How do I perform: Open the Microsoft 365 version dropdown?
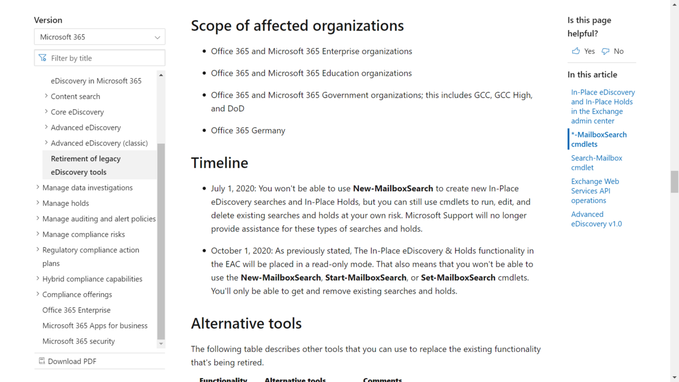click(100, 37)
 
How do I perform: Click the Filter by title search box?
click(100, 58)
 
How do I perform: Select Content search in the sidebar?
click(75, 96)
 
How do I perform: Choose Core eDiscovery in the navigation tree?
click(77, 112)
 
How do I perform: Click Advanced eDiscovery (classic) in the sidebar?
click(99, 143)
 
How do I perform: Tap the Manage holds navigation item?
click(66, 203)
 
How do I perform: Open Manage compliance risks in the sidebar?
click(83, 234)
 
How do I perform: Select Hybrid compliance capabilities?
click(92, 279)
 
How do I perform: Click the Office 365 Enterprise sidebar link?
click(76, 310)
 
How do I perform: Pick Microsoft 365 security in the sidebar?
click(79, 341)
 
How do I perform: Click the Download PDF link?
click(72, 361)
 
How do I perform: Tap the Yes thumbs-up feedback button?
click(583, 51)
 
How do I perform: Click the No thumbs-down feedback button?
click(613, 51)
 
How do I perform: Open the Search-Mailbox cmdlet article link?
click(596, 163)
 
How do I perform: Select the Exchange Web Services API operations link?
click(595, 191)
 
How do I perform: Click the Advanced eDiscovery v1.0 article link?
click(596, 219)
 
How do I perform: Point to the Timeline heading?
click(220, 163)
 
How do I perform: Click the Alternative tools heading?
click(246, 324)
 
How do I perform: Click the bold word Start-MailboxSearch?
click(366, 278)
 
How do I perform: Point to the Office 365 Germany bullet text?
click(248, 131)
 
